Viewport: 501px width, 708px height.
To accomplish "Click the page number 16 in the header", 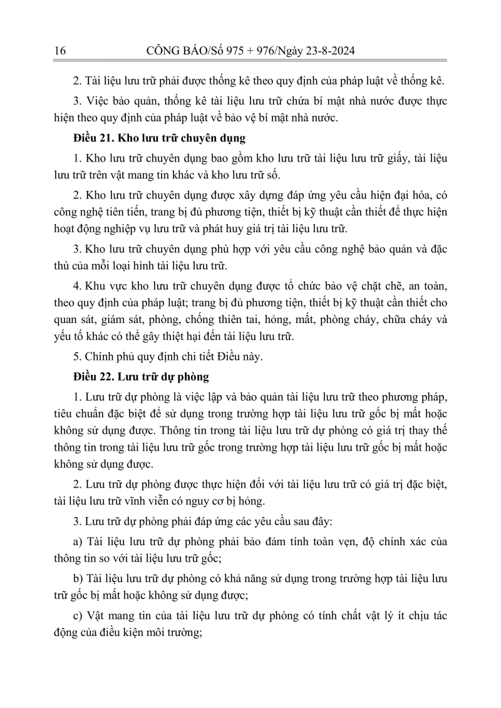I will click(x=61, y=51).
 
